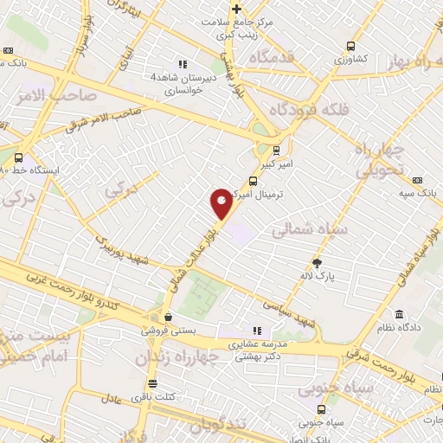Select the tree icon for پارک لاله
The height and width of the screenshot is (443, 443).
coord(318,261)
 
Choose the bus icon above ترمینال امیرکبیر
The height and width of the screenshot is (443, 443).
coord(253,182)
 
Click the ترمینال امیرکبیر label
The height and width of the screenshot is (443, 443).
coord(272,196)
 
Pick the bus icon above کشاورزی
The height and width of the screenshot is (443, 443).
coord(350,46)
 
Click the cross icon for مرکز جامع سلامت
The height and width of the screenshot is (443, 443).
coord(235,9)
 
